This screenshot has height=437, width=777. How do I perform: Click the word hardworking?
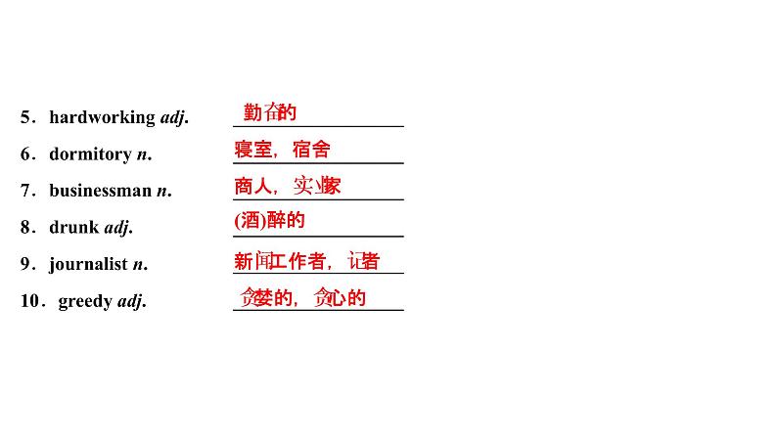pyautogui.click(x=102, y=117)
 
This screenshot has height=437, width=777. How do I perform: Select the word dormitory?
pyautogui.click(x=90, y=154)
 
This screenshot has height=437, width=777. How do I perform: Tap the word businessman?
pyautogui.click(x=101, y=191)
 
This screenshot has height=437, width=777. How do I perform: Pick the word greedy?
pyautogui.click(x=85, y=301)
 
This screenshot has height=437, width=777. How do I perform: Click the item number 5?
pyautogui.click(x=25, y=117)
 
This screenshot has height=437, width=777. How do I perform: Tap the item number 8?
pyautogui.click(x=25, y=228)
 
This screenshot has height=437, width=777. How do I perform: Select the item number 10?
pyautogui.click(x=29, y=301)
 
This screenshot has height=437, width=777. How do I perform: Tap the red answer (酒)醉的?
pyautogui.click(x=270, y=221)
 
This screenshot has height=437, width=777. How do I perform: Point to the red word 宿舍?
pyautogui.click(x=311, y=150)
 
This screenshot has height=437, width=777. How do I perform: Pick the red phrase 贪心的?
pyautogui.click(x=340, y=298)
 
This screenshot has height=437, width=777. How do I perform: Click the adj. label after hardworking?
pyautogui.click(x=173, y=117)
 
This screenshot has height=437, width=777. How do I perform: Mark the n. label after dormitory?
pyautogui.click(x=144, y=154)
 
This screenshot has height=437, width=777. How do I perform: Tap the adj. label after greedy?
pyautogui.click(x=131, y=301)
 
